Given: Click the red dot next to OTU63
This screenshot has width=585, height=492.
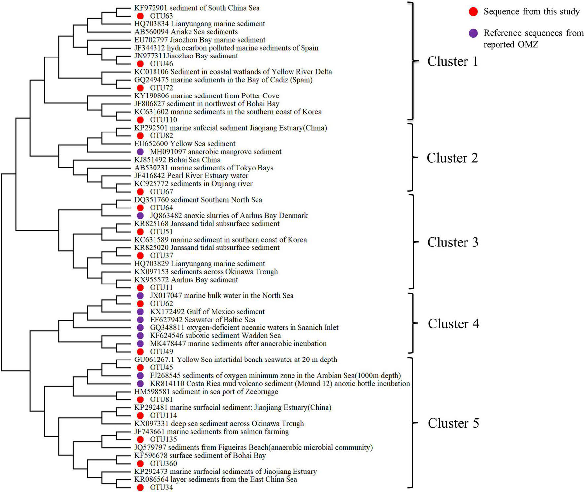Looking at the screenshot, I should tap(140, 16).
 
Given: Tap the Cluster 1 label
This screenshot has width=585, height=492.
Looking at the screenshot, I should tap(452, 62).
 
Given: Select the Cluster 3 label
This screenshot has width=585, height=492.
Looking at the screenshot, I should tap(452, 243).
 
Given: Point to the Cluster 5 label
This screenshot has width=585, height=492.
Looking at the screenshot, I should tap(453, 423).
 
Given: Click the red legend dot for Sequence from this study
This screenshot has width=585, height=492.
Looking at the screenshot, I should tap(473, 12).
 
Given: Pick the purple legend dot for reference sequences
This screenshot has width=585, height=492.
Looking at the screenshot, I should tap(473, 33).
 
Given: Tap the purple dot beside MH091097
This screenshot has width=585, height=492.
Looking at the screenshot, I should tap(140, 152).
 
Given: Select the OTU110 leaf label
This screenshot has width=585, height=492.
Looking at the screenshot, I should tap(163, 120).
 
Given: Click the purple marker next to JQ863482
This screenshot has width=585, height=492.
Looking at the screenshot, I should tap(140, 216).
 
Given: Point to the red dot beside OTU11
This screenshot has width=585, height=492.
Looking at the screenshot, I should tap(140, 288).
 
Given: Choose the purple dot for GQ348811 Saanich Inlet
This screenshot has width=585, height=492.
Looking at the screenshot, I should tap(140, 328).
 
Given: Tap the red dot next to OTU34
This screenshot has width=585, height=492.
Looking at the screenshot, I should tap(140, 488).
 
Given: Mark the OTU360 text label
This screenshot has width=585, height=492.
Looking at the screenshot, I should tap(163, 464).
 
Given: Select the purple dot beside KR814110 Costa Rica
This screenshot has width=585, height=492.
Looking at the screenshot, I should tap(140, 384).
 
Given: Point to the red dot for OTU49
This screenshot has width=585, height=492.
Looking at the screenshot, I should tap(140, 352).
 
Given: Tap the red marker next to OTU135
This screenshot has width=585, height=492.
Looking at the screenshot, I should tap(140, 439).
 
